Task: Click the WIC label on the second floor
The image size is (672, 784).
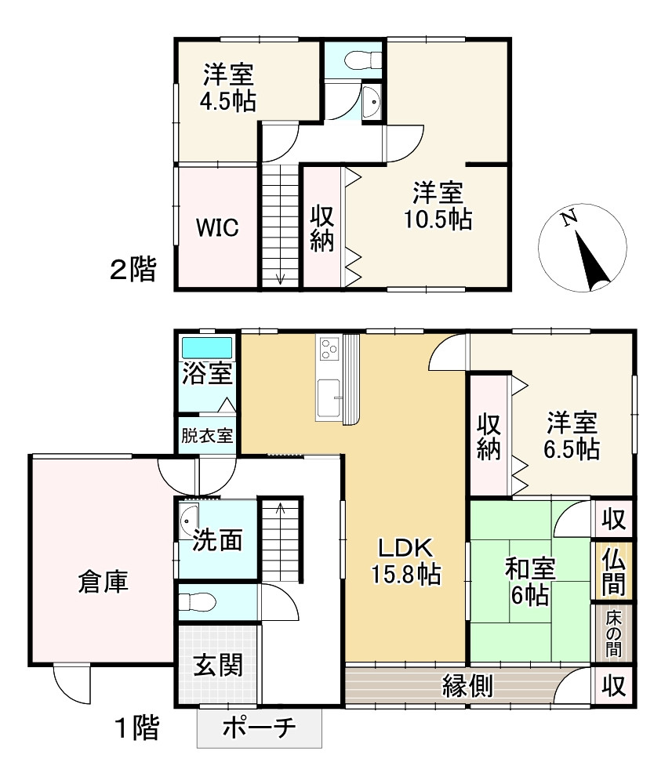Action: click(x=216, y=227)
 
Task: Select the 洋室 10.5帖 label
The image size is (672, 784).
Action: click(x=438, y=205)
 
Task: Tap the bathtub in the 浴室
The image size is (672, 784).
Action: click(x=208, y=347)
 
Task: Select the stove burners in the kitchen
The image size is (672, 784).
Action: click(x=329, y=347)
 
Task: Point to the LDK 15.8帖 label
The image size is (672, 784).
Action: click(x=405, y=561)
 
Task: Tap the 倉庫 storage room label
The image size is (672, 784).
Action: click(x=103, y=581)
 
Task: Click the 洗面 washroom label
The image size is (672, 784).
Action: click(x=217, y=540)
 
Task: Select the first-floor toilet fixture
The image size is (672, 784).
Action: click(x=198, y=602)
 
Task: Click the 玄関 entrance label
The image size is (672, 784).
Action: click(x=218, y=665)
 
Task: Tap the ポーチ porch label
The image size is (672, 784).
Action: click(x=260, y=728)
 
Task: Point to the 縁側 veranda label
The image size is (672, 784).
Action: click(x=467, y=686)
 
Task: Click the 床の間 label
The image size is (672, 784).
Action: click(x=613, y=631)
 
